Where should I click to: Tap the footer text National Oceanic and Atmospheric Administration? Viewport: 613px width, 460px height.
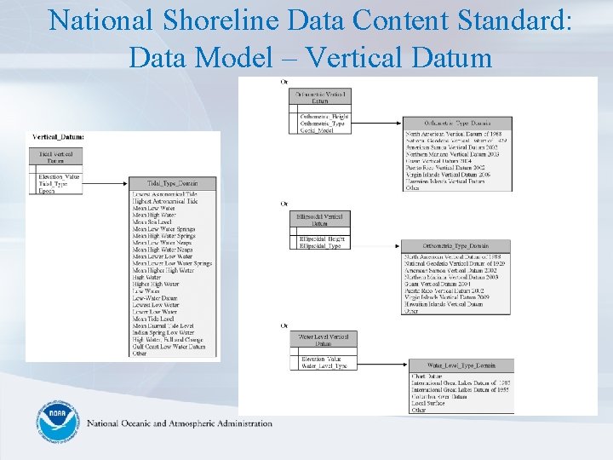180,423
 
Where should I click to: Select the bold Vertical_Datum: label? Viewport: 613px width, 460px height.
58,136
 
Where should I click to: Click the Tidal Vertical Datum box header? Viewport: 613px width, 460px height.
56,157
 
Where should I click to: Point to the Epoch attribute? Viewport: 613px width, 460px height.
47,191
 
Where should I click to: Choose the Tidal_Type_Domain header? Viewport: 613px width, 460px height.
172,183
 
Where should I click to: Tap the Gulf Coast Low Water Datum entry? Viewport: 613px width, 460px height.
169,347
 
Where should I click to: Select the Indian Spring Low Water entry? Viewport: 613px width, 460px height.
163,332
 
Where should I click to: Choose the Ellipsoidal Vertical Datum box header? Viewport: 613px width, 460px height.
318,221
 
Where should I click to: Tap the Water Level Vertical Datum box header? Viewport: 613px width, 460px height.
323,340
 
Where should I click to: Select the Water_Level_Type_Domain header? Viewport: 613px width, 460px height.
460,365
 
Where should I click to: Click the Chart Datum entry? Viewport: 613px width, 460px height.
426,376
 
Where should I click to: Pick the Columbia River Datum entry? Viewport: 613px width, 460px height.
438,396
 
